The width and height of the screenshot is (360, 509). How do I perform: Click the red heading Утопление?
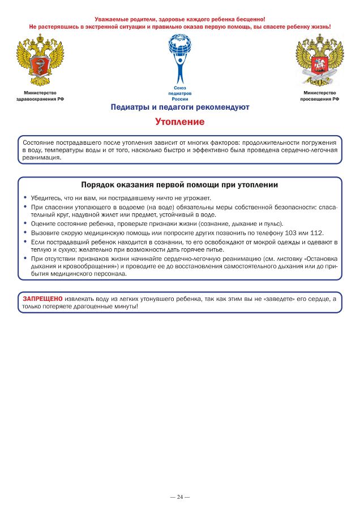tap(179, 122)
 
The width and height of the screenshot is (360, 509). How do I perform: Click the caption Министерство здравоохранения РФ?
tap(40, 96)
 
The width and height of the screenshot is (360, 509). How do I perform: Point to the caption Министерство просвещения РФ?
tap(319, 96)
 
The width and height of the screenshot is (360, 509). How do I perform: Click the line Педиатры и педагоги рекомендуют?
tap(179, 107)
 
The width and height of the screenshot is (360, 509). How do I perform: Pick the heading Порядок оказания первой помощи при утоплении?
tap(179, 185)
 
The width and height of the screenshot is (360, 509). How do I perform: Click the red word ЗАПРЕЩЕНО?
tap(42, 298)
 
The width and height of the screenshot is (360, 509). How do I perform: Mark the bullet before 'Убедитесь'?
tap(25, 198)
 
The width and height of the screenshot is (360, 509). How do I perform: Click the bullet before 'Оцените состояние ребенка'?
tap(25, 223)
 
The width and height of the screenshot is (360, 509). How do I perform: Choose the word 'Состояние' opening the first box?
tap(38, 143)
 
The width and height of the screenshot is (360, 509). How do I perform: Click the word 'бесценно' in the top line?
tap(248, 19)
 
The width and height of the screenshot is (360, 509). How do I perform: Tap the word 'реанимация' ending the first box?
tap(41, 158)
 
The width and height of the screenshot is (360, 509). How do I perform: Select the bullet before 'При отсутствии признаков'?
tap(25, 258)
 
